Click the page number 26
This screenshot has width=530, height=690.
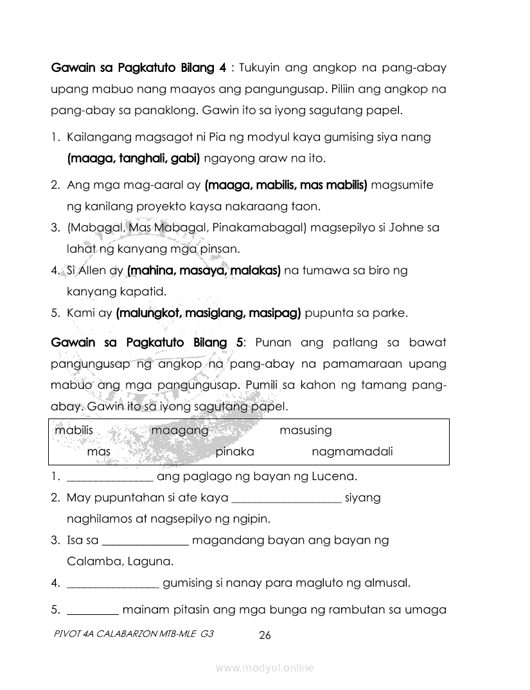pos(265,635)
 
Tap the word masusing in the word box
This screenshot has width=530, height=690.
pos(306,430)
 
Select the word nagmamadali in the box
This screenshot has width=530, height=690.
pos(352,451)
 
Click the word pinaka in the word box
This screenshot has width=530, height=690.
pos(234,451)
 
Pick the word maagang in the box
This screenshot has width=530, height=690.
pos(180,430)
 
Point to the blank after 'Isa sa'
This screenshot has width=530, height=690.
pos(145,542)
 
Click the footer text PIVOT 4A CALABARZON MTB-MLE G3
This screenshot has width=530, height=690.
pos(134,632)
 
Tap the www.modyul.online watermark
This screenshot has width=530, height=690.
pos(265,668)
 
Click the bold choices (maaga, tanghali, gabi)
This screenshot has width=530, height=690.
pos(134,157)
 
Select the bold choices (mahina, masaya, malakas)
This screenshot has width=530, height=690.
pos(204,271)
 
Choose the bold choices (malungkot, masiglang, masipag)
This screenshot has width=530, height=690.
pos(209,314)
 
